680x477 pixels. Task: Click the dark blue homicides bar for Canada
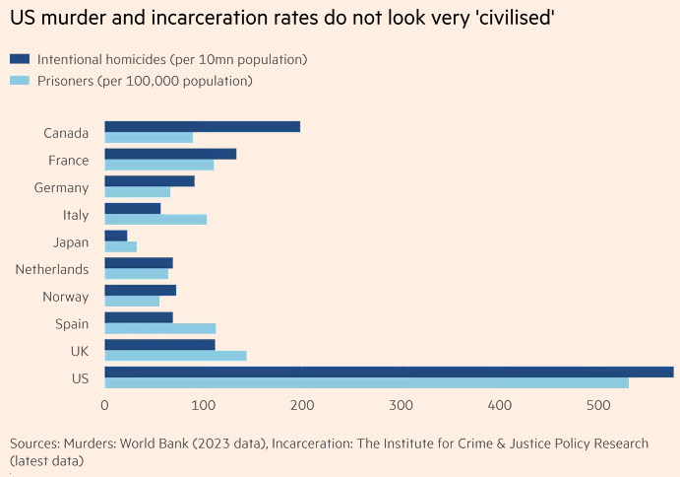coord(202,127)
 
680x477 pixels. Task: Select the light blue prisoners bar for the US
coord(366,382)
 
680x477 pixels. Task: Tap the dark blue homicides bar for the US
coord(389,372)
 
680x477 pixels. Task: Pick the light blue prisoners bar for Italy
coord(155,220)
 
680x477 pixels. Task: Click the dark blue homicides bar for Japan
coord(116,236)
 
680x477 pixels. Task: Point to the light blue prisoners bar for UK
coord(175,356)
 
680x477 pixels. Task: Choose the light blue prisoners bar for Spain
coord(159,328)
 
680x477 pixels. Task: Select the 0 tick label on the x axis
coord(104,405)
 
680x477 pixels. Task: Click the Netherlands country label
coord(52,269)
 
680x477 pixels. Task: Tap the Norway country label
coord(66,297)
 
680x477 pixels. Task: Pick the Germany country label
coord(61,187)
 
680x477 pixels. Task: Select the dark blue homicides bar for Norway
coord(140,290)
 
